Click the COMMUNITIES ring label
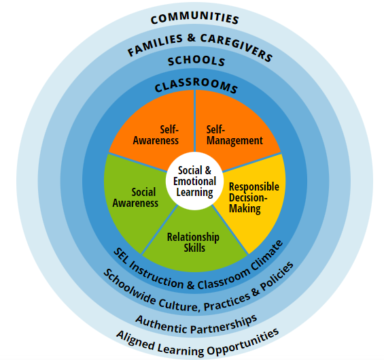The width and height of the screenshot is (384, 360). point(194,18)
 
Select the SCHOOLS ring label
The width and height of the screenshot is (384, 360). point(196,61)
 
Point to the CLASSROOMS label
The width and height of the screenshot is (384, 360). point(196,84)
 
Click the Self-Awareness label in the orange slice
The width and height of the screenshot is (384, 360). point(156,135)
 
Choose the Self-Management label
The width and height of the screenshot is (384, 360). point(234,135)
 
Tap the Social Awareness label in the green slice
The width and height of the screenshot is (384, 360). point(135,197)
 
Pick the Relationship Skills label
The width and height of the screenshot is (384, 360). point(193,242)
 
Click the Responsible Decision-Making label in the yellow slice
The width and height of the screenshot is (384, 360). point(254,198)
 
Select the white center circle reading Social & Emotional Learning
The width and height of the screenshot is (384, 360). point(194,181)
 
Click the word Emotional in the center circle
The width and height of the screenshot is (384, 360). point(194,182)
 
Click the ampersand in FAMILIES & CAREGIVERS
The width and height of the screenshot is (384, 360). point(191,38)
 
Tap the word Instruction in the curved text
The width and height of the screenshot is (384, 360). point(156,276)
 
